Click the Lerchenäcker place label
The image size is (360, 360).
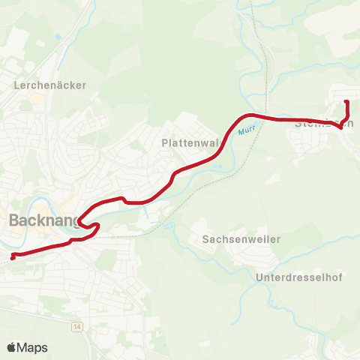[50, 85]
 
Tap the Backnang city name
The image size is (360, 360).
[44, 220]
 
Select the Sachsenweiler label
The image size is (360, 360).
[241, 239]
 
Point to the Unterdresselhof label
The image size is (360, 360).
[299, 277]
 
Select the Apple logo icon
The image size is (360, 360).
[12, 347]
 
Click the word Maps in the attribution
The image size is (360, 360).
[32, 347]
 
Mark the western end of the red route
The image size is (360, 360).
[12, 256]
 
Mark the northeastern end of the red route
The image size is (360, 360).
[346, 102]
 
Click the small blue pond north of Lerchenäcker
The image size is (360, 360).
[58, 36]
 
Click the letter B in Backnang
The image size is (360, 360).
[14, 220]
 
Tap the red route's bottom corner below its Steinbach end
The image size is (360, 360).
[342, 127]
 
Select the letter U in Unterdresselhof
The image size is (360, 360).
[259, 277]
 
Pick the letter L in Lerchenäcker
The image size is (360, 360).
[17, 85]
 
